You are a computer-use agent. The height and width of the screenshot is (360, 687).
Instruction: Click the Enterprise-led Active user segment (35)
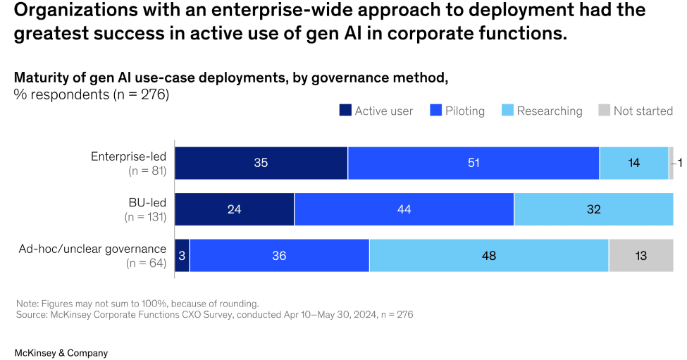coord(261,163)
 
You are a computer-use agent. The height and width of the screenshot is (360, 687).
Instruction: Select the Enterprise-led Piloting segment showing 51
coord(474,163)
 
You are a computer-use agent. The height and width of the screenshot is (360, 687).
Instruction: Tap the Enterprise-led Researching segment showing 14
coord(633,163)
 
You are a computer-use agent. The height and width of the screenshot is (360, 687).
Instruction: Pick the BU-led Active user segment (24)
coord(234,209)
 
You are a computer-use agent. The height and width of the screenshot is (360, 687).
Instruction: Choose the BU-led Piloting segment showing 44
coord(404,209)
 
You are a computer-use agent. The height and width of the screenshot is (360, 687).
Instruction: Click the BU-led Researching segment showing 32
coord(593,209)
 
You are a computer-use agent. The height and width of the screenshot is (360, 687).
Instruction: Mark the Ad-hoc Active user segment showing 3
coord(182,255)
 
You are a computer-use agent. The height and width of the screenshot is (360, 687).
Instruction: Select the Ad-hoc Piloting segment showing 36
coord(279,255)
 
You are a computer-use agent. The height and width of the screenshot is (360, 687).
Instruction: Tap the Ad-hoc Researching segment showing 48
coord(488,255)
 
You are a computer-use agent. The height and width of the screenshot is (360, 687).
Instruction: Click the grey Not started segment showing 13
coord(640,255)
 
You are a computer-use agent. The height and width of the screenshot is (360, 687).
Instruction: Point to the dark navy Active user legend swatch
coord(345,111)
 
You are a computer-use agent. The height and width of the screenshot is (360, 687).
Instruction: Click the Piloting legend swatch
coord(435,111)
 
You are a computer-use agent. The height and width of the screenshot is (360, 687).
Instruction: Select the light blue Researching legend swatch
coord(507,111)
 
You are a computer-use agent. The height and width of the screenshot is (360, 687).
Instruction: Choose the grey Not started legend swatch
coord(604,111)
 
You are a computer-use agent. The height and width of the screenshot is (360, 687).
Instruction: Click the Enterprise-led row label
coord(128,156)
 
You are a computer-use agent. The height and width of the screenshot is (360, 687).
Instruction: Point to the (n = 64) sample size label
coord(146,263)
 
